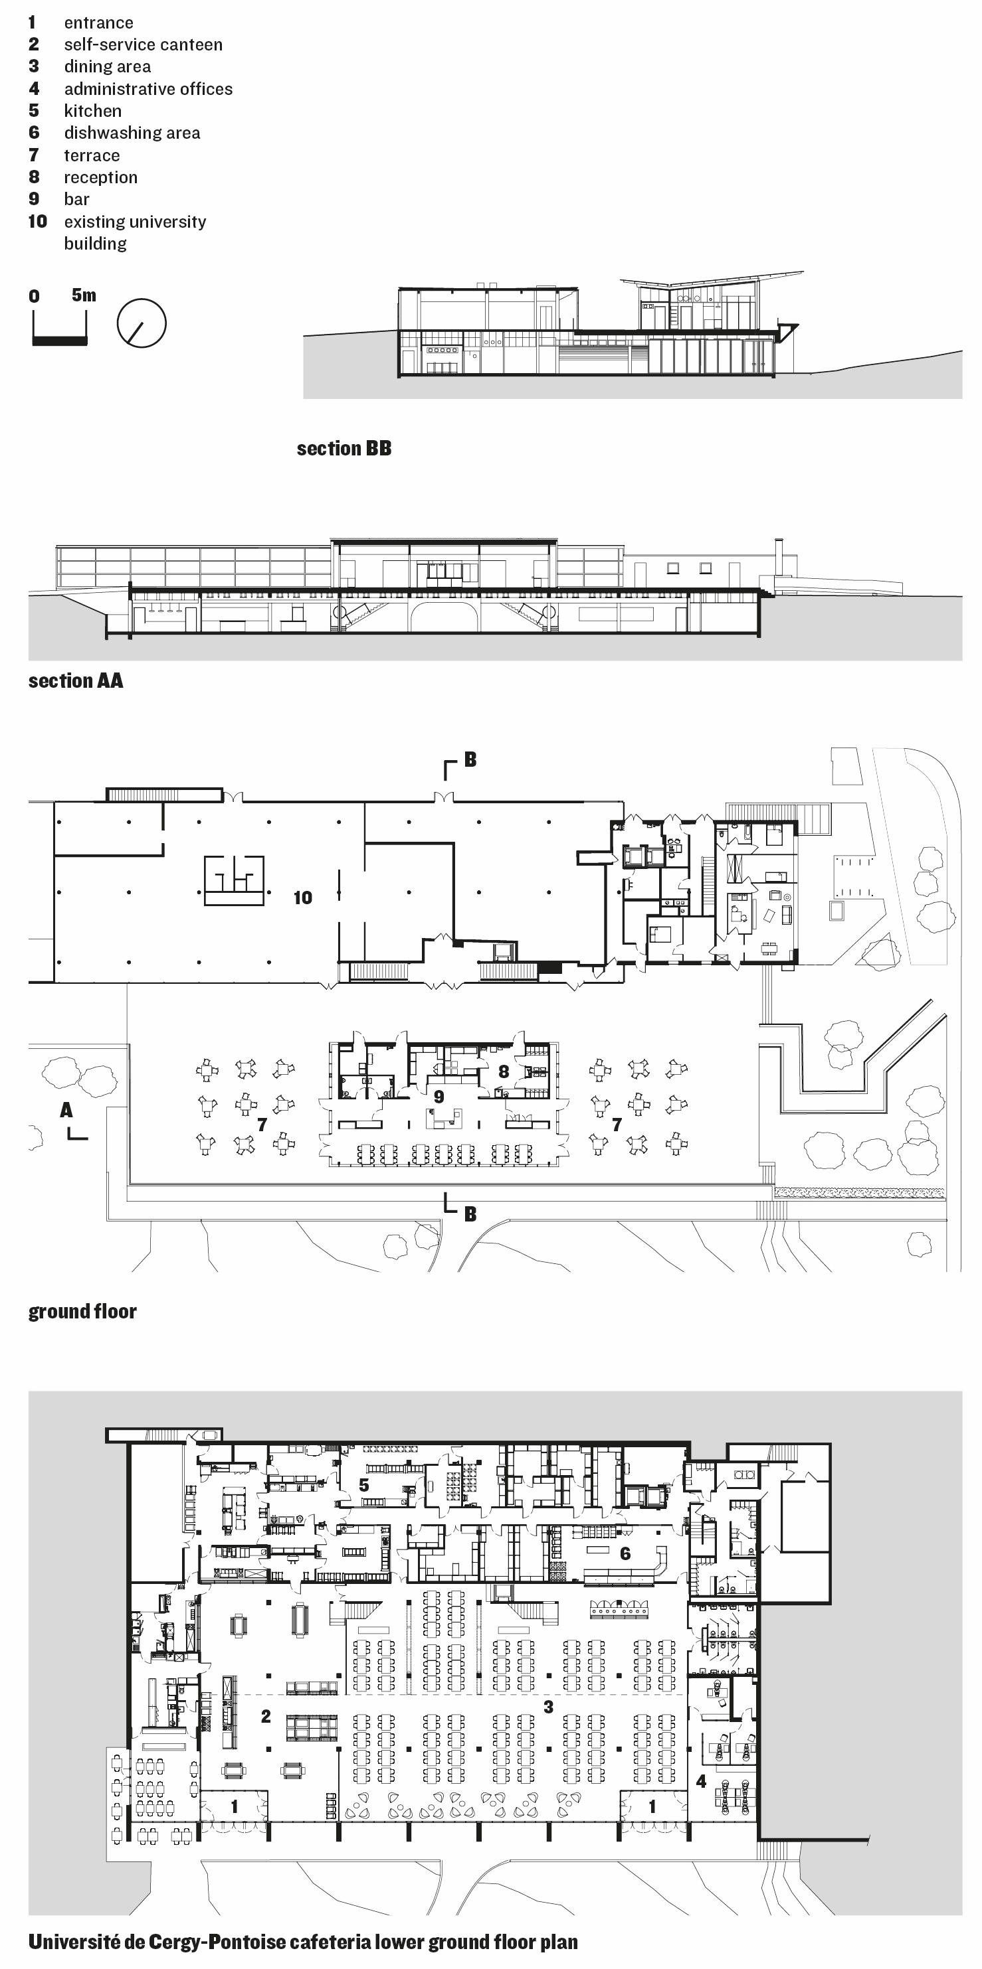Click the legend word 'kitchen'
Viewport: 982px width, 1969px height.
92,111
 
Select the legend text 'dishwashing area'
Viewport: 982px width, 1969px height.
132,133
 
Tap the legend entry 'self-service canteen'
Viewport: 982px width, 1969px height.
143,45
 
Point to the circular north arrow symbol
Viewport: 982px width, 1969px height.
142,323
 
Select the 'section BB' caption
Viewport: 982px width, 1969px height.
344,449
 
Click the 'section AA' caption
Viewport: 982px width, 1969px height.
76,681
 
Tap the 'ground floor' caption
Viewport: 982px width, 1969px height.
82,1312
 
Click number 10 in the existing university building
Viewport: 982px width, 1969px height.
303,898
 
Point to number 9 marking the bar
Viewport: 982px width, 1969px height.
439,1097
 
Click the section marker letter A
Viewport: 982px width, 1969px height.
66,1110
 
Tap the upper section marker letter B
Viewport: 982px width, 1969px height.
470,759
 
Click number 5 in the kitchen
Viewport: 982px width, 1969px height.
364,1485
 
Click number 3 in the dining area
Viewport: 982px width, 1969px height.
548,1706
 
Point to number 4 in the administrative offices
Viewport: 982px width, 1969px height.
700,1782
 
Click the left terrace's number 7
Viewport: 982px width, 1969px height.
262,1125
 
